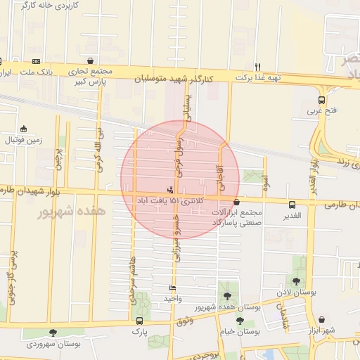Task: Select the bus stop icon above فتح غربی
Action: [321, 100]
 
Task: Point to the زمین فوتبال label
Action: [24, 139]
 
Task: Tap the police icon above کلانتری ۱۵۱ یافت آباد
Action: [169, 189]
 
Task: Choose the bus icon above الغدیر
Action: [291, 204]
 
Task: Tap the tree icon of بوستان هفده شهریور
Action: [226, 296]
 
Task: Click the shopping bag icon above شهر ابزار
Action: [321, 320]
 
